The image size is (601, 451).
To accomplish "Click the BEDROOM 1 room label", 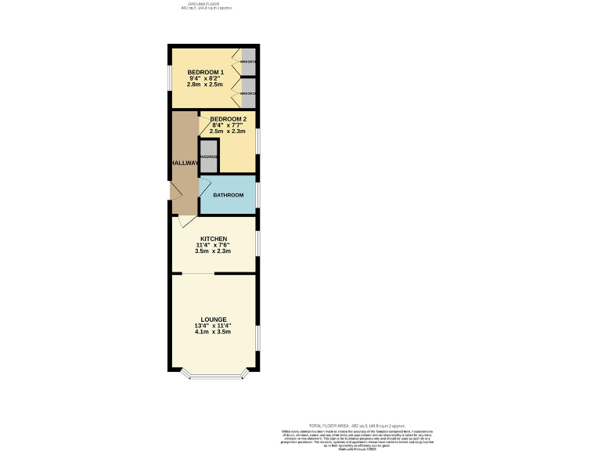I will coord(206,72).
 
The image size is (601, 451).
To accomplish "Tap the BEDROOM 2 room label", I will coord(229,119).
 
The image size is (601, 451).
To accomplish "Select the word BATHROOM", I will coord(229,195).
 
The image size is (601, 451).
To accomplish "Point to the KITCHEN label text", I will coord(214,238).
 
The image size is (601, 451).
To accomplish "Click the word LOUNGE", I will coord(213,319).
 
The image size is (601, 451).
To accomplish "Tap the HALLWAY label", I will coord(185,163).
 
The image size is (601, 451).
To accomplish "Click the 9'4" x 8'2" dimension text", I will coord(206,78).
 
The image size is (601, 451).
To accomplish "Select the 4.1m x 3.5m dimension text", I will coord(213,332).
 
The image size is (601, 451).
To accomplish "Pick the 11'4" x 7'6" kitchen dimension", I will coord(214,245).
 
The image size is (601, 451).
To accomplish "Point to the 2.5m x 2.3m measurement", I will coord(229,132).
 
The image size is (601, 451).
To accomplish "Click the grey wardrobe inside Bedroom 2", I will coord(209,155).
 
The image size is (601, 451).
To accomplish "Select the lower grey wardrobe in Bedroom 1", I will coord(248,93).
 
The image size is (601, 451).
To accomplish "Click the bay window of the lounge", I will coord(214,377).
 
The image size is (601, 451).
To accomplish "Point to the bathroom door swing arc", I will coord(206,185).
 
